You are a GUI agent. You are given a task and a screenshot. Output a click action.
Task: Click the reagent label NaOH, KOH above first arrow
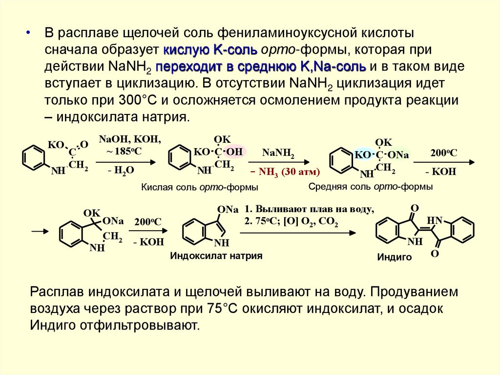pos(129,139)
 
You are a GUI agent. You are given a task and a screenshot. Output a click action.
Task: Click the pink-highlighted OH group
pos(234,152)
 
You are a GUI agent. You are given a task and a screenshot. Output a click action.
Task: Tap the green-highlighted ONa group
pos(398,155)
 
